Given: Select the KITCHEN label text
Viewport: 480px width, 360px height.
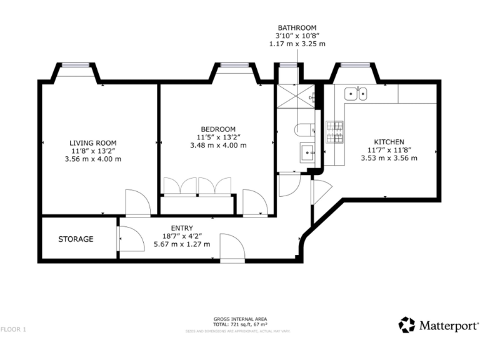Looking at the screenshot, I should click(x=389, y=142).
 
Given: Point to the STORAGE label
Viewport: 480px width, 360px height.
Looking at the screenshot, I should click(x=76, y=239).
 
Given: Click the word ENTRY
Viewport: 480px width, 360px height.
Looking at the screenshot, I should click(x=181, y=228).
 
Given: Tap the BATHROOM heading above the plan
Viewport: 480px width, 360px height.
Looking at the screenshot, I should click(x=297, y=28).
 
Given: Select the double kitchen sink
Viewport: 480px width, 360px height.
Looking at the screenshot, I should click(x=357, y=94).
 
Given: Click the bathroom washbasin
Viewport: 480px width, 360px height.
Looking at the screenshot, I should click(x=307, y=151).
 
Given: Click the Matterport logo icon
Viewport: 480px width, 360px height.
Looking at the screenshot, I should click(x=407, y=325).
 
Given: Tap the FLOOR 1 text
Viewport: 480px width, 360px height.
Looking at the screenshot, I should click(x=14, y=329).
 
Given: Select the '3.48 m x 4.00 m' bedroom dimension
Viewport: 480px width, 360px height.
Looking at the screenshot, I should click(x=217, y=145).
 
